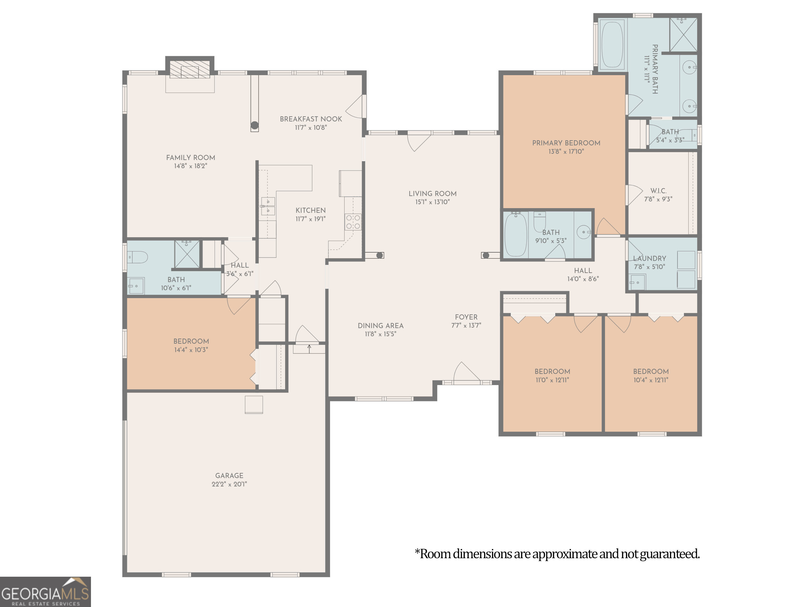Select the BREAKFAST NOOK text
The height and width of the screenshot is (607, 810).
coord(311,119)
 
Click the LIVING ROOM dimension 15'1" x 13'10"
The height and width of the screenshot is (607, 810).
coord(432,202)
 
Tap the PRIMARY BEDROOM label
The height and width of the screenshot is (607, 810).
coord(566,143)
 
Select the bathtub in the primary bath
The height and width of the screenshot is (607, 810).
coord(612,45)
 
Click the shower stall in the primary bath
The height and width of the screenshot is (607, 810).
coord(683,35)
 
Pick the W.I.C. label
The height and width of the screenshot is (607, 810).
coord(658,191)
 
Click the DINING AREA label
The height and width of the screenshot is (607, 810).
coord(380,326)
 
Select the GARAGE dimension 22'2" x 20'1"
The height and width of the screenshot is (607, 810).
coord(229,484)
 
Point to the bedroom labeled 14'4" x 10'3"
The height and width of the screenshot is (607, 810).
coord(191,345)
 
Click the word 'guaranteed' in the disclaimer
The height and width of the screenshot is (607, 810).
coord(669,554)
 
